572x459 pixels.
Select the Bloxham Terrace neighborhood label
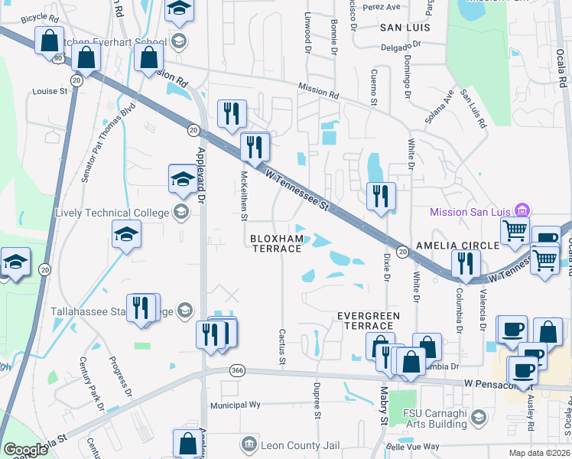click(x=277, y=243)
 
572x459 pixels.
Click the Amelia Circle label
click(x=457, y=245)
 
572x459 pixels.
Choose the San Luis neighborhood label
click(x=405, y=27)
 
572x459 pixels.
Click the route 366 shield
click(x=237, y=370)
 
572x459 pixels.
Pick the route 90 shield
click(x=57, y=57)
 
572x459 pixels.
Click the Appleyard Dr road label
click(x=202, y=175)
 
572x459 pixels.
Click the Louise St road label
click(x=50, y=91)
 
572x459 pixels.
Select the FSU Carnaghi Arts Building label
click(x=437, y=417)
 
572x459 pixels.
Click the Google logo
click(x=25, y=450)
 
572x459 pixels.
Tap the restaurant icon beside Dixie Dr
click(x=380, y=197)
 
